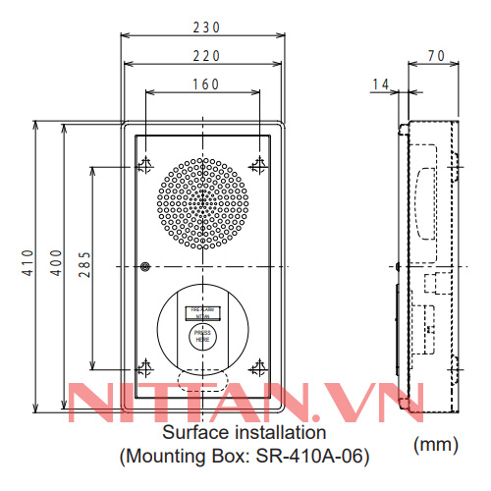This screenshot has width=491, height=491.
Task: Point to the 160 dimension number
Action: point(203,84)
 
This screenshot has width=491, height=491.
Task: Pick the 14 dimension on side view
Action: point(380,85)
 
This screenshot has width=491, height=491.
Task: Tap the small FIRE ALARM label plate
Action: point(202,313)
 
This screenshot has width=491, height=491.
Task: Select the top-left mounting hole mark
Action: point(144,164)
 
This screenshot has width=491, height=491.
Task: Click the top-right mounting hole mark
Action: point(259,164)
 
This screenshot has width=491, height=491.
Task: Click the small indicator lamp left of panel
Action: point(144,266)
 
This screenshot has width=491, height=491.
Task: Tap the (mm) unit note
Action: point(436,445)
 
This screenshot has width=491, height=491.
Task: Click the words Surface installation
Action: point(244,432)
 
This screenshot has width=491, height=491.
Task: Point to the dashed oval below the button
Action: point(202,379)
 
